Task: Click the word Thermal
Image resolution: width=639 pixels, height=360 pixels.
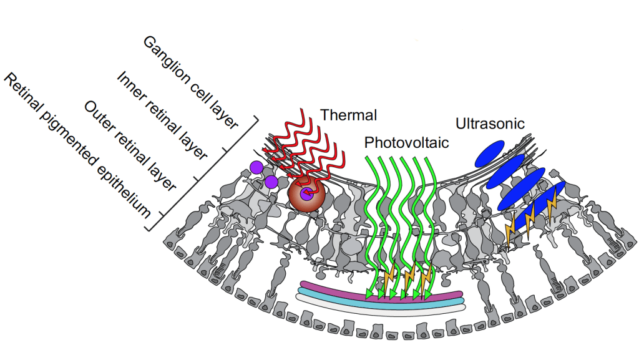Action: (349, 115)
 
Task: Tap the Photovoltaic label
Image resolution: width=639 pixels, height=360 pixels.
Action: (406, 143)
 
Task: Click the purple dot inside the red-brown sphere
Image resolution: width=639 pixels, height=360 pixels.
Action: (306, 194)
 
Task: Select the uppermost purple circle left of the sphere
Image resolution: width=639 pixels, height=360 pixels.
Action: (256, 167)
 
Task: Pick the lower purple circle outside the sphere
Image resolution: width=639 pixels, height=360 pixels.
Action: (271, 182)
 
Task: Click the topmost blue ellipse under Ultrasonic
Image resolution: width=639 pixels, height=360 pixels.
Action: (489, 153)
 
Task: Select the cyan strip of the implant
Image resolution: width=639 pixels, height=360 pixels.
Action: (381, 298)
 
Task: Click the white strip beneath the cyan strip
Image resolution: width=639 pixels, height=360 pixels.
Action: (381, 306)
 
